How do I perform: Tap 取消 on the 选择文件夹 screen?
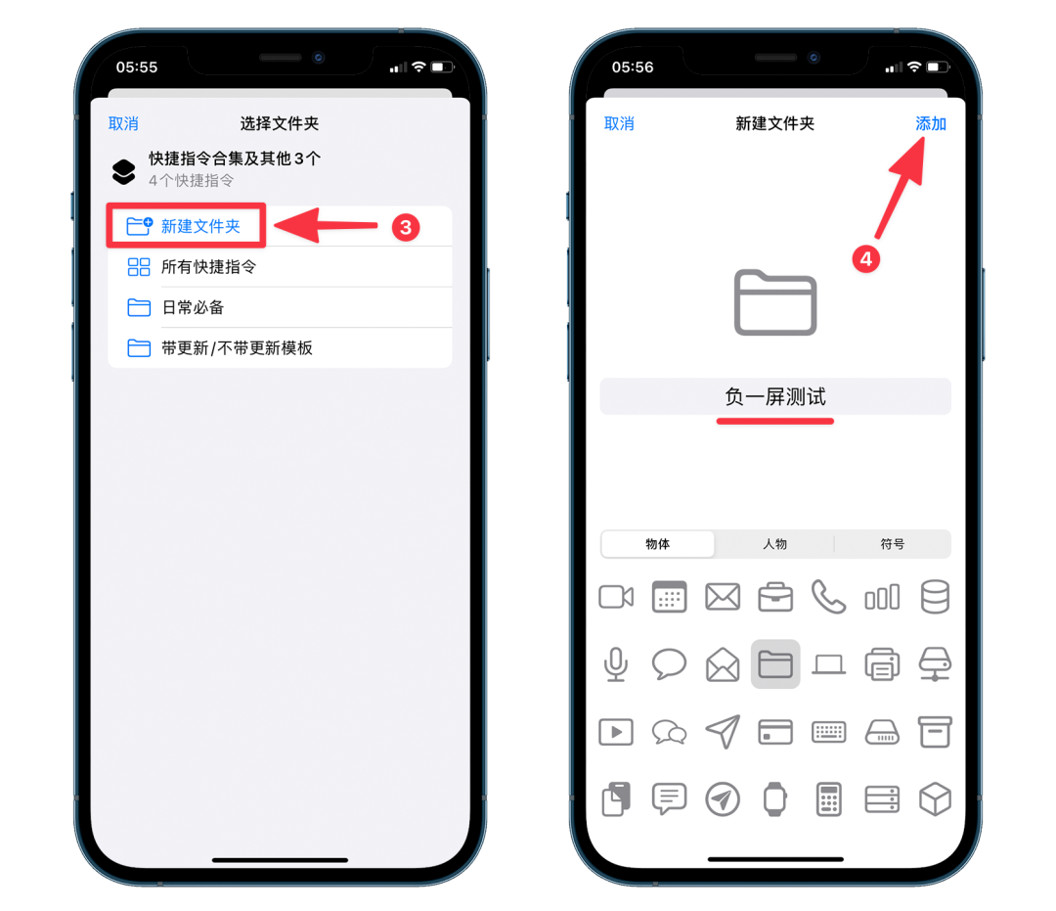pyautogui.click(x=123, y=124)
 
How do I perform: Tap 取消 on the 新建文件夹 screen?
pyautogui.click(x=619, y=124)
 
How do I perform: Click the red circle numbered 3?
pyautogui.click(x=406, y=228)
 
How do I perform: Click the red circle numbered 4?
pyautogui.click(x=866, y=258)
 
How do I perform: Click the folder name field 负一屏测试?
pyautogui.click(x=775, y=397)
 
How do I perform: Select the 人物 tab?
pyautogui.click(x=774, y=544)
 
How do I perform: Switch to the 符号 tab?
pyautogui.click(x=893, y=544)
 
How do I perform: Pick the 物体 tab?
pyautogui.click(x=657, y=544)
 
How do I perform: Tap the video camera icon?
pyautogui.click(x=616, y=597)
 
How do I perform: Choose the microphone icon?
pyautogui.click(x=616, y=664)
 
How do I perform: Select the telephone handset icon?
pyautogui.click(x=828, y=597)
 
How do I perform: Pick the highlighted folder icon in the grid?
pyautogui.click(x=775, y=664)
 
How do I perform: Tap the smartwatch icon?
pyautogui.click(x=775, y=799)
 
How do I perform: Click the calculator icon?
pyautogui.click(x=828, y=799)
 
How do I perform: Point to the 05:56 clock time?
pyautogui.click(x=633, y=68)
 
